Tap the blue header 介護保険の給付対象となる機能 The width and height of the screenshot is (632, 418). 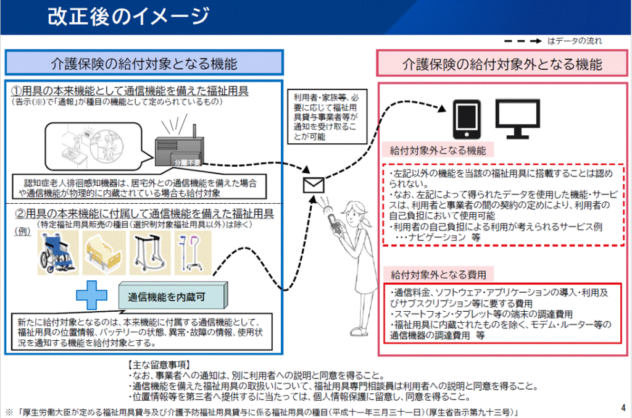[x=144, y=64]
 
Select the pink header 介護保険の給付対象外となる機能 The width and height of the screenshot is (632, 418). [x=502, y=64]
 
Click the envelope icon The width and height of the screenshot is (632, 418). [x=314, y=185]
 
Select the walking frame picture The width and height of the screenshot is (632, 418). [x=149, y=254]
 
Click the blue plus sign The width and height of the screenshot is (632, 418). [x=91, y=296]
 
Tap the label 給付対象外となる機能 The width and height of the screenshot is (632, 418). [x=438, y=150]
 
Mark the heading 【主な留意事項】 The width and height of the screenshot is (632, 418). [x=159, y=365]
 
